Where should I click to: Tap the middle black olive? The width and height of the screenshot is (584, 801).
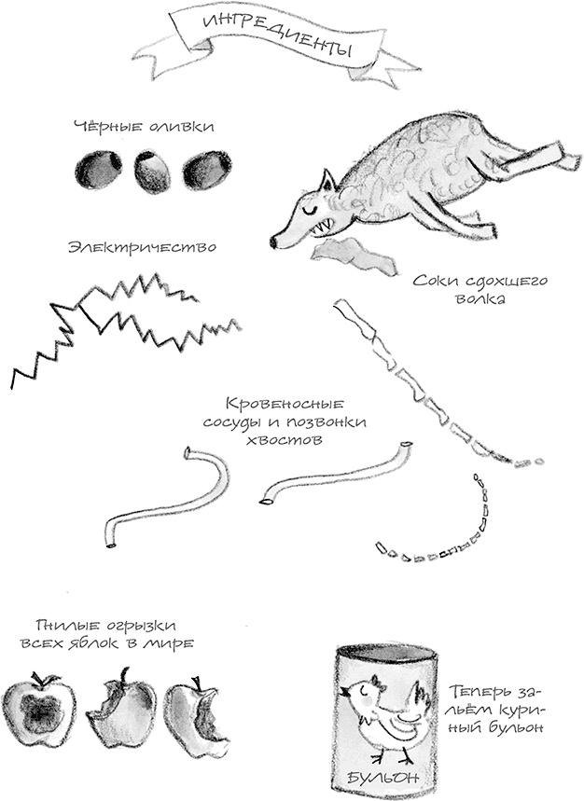coord(152,172)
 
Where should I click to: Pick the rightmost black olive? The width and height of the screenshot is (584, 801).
coord(205,171)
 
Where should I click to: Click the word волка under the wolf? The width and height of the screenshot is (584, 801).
coord(464,301)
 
